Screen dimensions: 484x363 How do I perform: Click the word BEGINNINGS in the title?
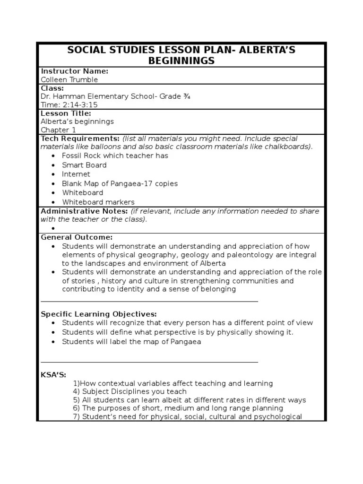coord(181,60)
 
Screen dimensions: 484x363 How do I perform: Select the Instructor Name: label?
coord(75,71)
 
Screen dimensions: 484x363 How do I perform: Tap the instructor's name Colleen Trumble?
coord(69,80)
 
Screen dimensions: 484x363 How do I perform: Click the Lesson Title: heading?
coord(66,113)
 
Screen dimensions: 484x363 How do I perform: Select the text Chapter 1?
coord(58,130)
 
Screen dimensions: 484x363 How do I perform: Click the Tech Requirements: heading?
coord(80,138)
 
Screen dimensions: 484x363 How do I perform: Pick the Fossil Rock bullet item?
coord(115,156)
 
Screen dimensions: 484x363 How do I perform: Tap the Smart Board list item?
coord(84,165)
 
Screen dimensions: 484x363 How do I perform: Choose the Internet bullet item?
coord(76,174)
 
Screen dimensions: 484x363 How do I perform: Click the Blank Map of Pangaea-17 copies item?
coord(120,183)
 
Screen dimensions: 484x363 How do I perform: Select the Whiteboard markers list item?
coord(98,202)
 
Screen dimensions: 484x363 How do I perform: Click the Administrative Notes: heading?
coord(83,211)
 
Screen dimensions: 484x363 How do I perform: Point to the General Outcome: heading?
coord(77,237)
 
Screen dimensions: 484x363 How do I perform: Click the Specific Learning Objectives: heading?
coord(99,314)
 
